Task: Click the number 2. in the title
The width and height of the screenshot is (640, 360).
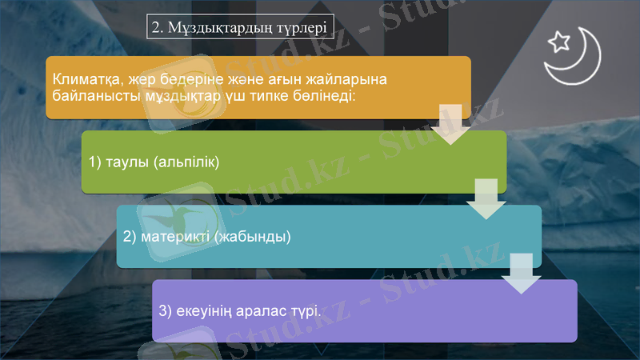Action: [x=158, y=27]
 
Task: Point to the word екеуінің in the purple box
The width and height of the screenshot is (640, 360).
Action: [x=206, y=310]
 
